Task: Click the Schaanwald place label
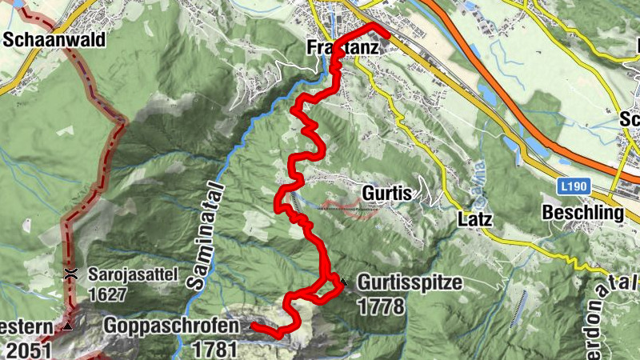pos(54,39)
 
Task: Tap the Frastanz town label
pos(342,48)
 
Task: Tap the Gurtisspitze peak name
pos(410,282)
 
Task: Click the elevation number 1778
pos(382,306)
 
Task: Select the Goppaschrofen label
pos(170,326)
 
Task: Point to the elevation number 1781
pos(215,349)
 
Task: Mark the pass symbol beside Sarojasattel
pos(71,274)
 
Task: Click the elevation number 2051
pos(28,349)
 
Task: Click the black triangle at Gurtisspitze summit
pos(343,282)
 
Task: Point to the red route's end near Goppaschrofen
pos(252,326)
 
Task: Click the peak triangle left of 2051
pos(68,327)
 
